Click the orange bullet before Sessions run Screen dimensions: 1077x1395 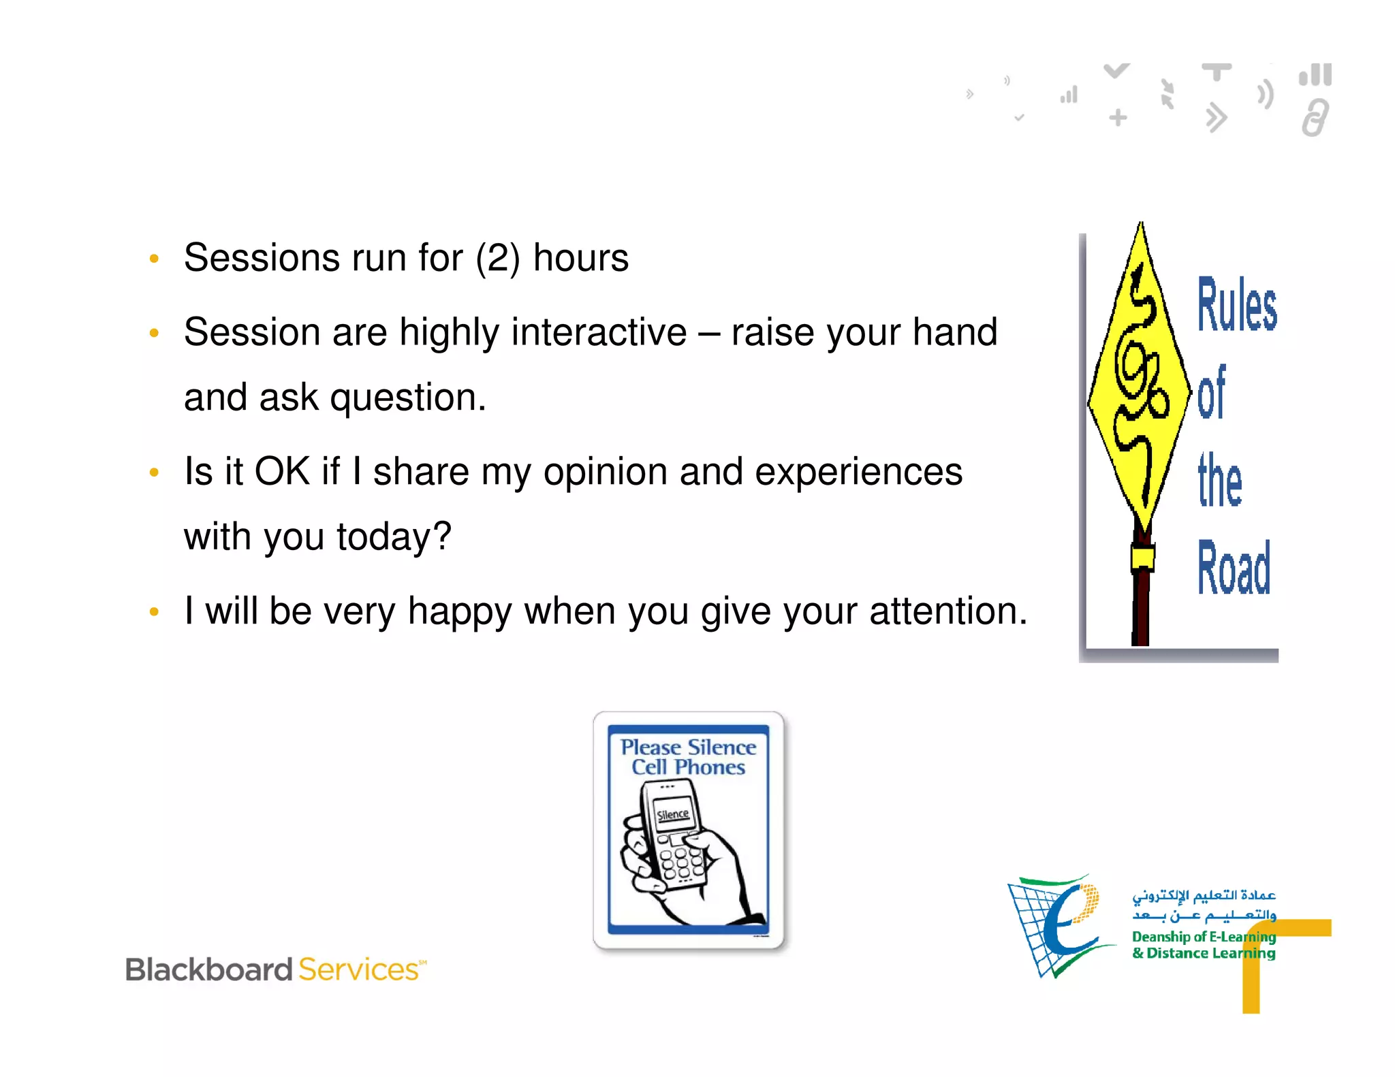pos(154,259)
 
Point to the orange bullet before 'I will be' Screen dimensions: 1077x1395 pos(154,612)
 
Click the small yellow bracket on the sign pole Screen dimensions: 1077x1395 pos(1142,558)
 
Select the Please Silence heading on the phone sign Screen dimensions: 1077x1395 pos(688,748)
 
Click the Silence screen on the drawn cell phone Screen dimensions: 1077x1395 pos(672,814)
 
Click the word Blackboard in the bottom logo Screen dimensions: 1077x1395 pos(208,969)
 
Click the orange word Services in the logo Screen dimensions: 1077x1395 pos(359,969)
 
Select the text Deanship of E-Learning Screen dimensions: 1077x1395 pos(1203,937)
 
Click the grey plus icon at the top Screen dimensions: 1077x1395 pos(1118,118)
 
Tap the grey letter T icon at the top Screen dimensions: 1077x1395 pos(1217,71)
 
